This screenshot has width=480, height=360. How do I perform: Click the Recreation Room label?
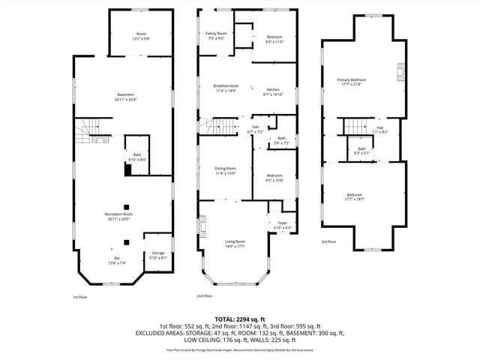coord(123,217)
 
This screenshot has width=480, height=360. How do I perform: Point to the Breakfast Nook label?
coord(225,88)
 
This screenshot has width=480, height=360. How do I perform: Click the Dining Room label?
coord(226,170)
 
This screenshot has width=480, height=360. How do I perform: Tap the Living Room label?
coord(235,243)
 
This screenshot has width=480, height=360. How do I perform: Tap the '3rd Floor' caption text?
coord(328,241)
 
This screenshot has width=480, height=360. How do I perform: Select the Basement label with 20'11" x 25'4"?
coord(125,97)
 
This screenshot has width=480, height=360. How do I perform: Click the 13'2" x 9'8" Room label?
coord(141,35)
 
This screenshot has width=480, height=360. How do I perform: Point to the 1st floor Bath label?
coord(136,156)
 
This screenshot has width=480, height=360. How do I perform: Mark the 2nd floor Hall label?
coord(255,129)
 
